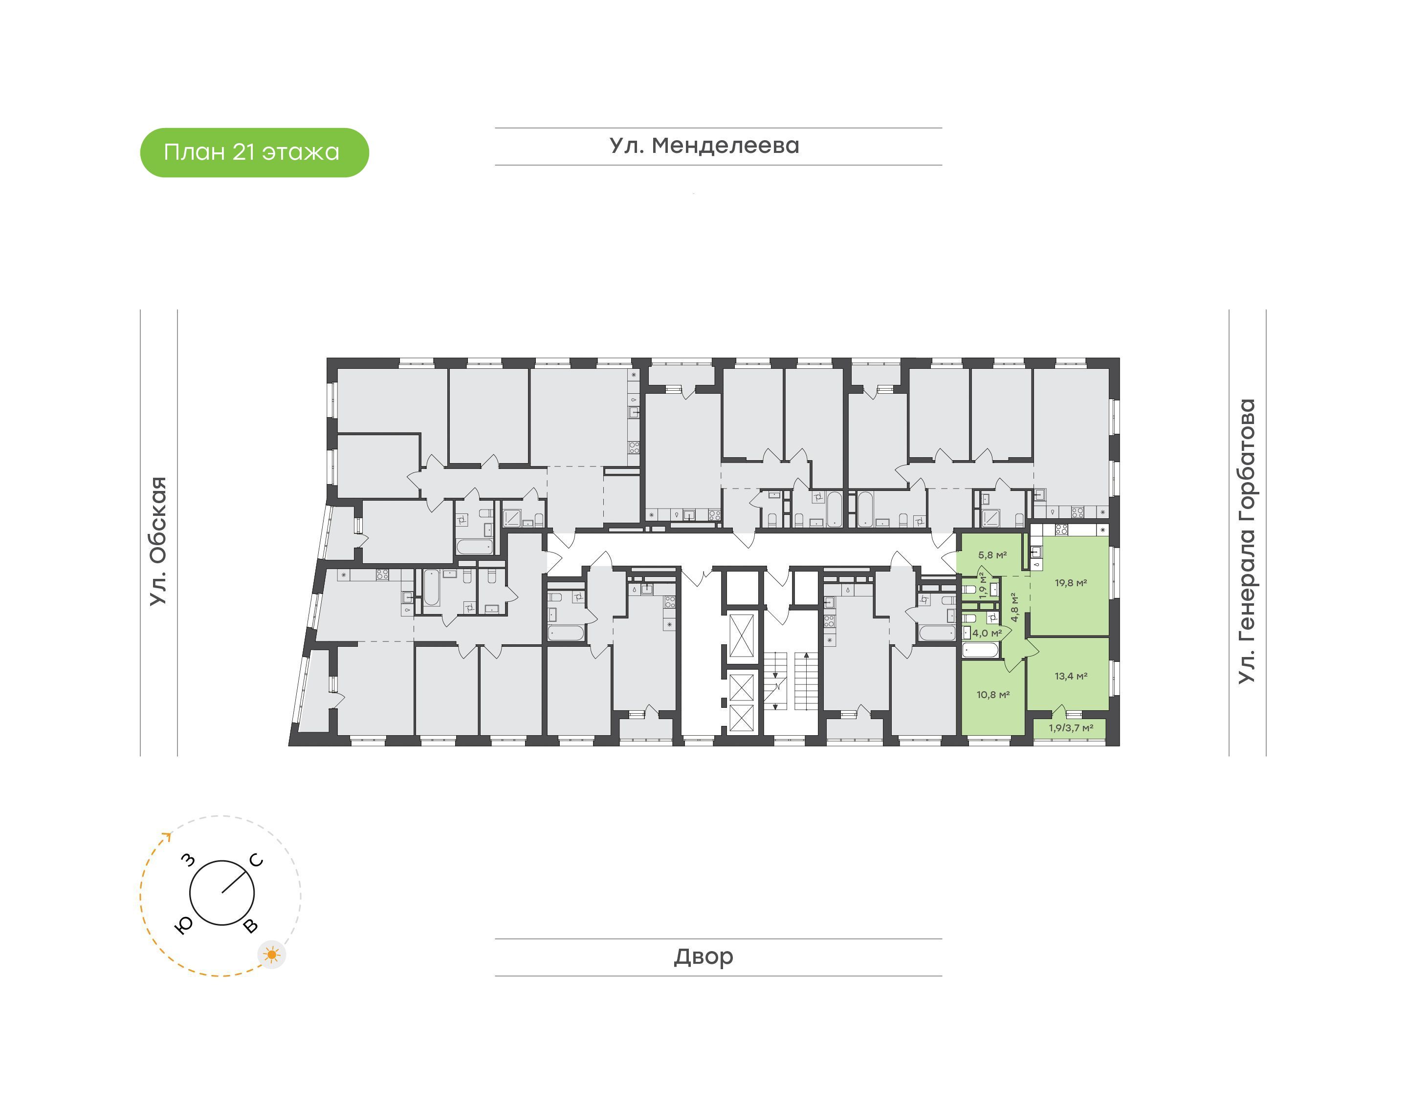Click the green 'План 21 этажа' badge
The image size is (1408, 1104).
pyautogui.click(x=254, y=152)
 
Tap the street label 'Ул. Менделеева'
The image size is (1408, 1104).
pyautogui.click(x=704, y=146)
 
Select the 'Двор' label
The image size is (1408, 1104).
pyautogui.click(x=704, y=956)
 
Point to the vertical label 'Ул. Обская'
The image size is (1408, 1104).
pyautogui.click(x=158, y=541)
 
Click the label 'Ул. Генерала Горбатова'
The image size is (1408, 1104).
pyautogui.click(x=1246, y=541)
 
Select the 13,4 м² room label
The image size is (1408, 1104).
pyautogui.click(x=1071, y=676)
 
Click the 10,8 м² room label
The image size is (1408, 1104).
pyautogui.click(x=993, y=695)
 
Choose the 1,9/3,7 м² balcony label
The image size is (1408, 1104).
pyautogui.click(x=1071, y=728)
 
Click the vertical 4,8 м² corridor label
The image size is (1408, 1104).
pyautogui.click(x=1015, y=607)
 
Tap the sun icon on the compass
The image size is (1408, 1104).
pyautogui.click(x=272, y=955)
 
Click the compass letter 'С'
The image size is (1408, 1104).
pyautogui.click(x=257, y=860)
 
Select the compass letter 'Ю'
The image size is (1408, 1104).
pyautogui.click(x=184, y=926)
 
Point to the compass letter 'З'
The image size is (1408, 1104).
pyautogui.click(x=188, y=859)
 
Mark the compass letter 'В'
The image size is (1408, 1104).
pyautogui.click(x=250, y=926)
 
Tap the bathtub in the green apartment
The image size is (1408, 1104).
pyautogui.click(x=981, y=650)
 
